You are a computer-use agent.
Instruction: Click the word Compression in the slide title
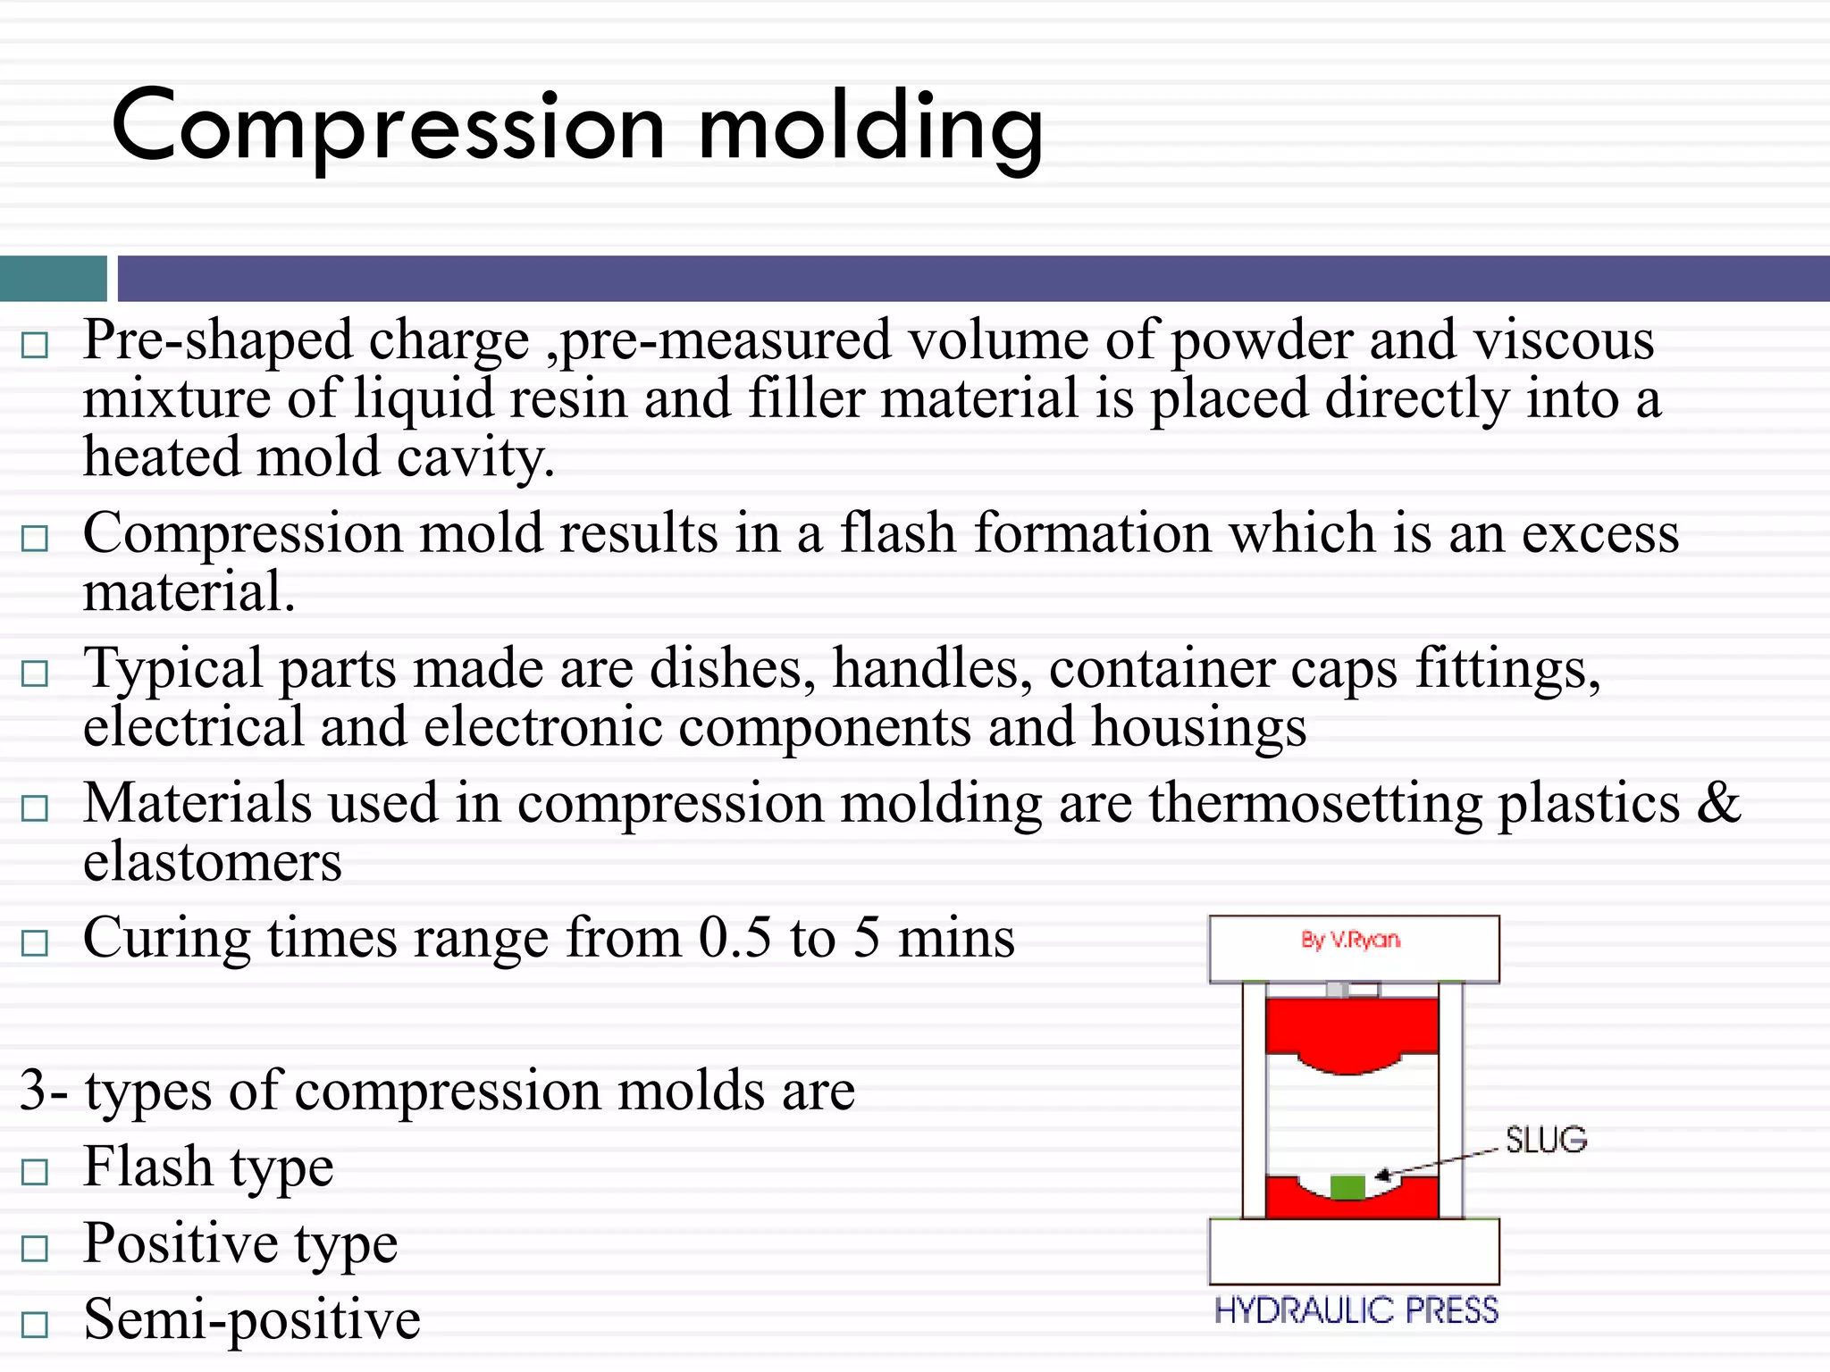point(388,128)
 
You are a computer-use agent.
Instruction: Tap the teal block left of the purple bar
point(53,279)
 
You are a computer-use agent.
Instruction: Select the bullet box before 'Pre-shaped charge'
point(34,345)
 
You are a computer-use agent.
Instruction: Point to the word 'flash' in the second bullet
point(897,534)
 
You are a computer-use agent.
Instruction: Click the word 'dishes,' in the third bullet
point(732,669)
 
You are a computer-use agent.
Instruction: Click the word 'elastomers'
point(212,863)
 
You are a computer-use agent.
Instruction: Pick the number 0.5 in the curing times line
point(734,939)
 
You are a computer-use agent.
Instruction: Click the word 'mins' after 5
point(955,939)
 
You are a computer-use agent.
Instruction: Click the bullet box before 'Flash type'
point(34,1171)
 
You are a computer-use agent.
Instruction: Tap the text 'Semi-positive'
point(251,1320)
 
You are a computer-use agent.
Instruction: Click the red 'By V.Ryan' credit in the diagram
point(1350,940)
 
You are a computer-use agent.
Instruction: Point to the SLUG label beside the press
point(1545,1141)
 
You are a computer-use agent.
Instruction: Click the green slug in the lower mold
point(1347,1187)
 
